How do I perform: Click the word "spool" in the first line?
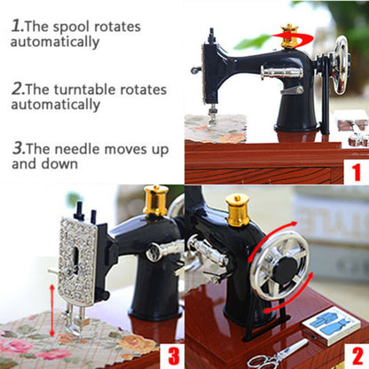click(93, 26)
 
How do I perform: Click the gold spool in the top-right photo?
click(288, 36)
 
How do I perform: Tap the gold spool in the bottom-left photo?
click(156, 200)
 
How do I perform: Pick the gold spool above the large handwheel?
click(237, 209)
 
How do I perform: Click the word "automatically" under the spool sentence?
click(55, 42)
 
